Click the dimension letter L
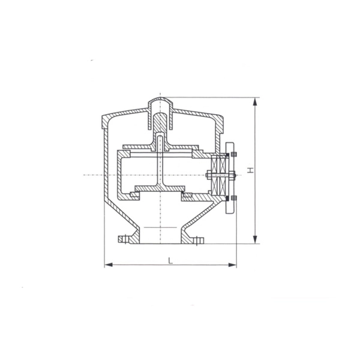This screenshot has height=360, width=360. coord(170,260)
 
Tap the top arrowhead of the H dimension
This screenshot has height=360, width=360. coord(255,102)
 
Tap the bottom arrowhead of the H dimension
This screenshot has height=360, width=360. coord(255,239)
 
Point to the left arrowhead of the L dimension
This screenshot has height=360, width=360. coord(109,265)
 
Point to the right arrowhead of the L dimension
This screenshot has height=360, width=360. coord(232,265)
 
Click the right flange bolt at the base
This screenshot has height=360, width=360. coord(199,241)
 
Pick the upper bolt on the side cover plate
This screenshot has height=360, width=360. coord(234,154)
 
